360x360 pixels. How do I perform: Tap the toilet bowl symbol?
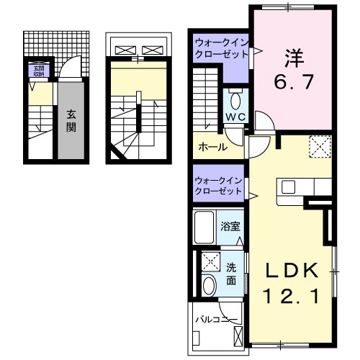235,99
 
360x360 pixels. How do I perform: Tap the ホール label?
213,147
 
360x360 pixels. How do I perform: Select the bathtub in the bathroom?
207,228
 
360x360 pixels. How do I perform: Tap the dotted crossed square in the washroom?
210,261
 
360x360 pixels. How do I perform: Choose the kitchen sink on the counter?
287,187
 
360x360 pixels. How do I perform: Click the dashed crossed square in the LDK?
318,148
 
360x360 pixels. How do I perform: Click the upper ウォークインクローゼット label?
220,49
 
